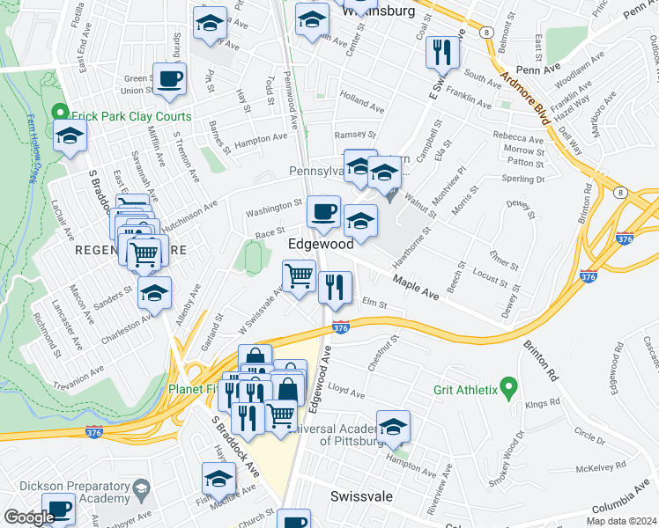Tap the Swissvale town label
(361, 496)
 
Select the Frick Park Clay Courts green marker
(59, 113)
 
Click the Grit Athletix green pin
(507, 387)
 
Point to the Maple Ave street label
(416, 284)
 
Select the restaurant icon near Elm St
(335, 287)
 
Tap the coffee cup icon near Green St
(169, 77)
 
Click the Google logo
(29, 518)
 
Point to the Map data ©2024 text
(621, 521)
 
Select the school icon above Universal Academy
(394, 426)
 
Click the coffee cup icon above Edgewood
(323, 211)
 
